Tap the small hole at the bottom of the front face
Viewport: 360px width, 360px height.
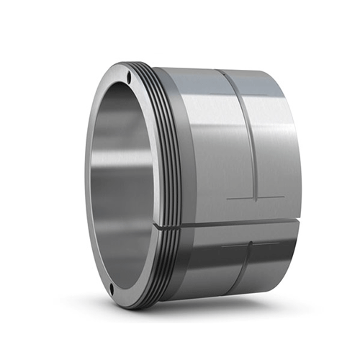(x=114, y=290)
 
